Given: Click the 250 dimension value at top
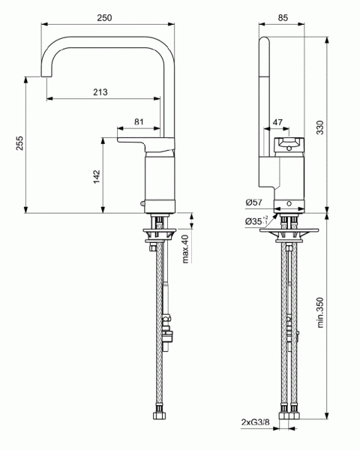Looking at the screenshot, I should click(105, 18).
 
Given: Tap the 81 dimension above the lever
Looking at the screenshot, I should click(139, 121).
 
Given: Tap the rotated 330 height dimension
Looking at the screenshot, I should click(320, 129).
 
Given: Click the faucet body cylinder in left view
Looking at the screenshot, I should click(160, 184).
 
